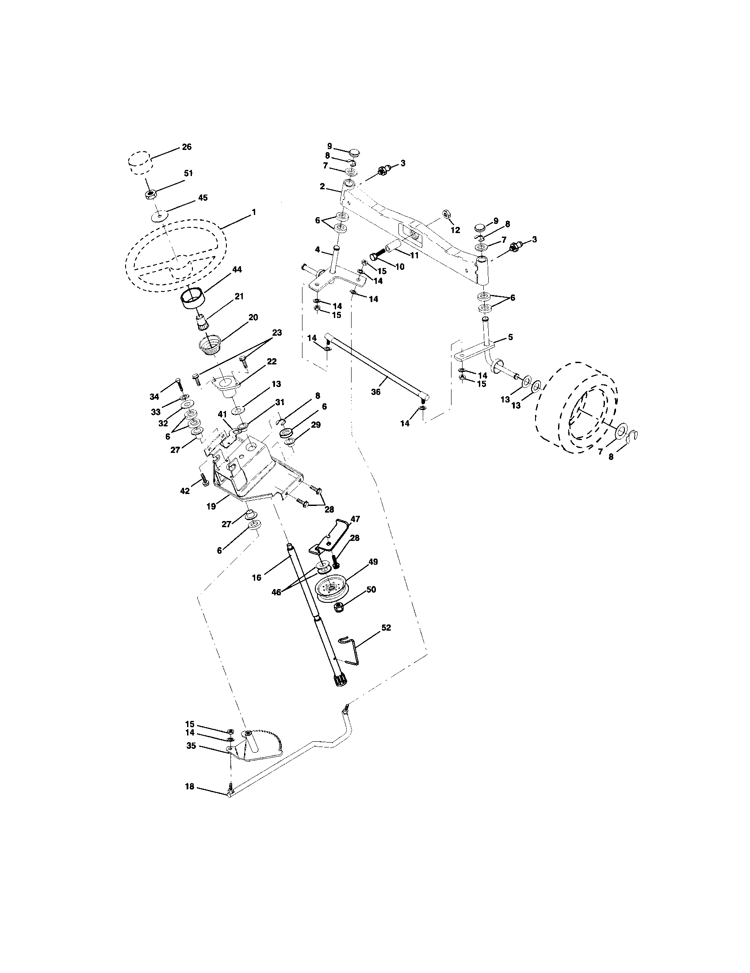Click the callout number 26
[187, 146]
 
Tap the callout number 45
[202, 197]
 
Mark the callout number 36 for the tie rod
[375, 392]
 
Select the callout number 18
[190, 787]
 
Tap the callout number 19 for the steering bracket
[211, 506]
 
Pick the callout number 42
[184, 491]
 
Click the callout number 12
[455, 230]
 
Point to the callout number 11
[415, 256]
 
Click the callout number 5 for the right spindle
[510, 337]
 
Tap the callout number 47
[355, 519]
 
